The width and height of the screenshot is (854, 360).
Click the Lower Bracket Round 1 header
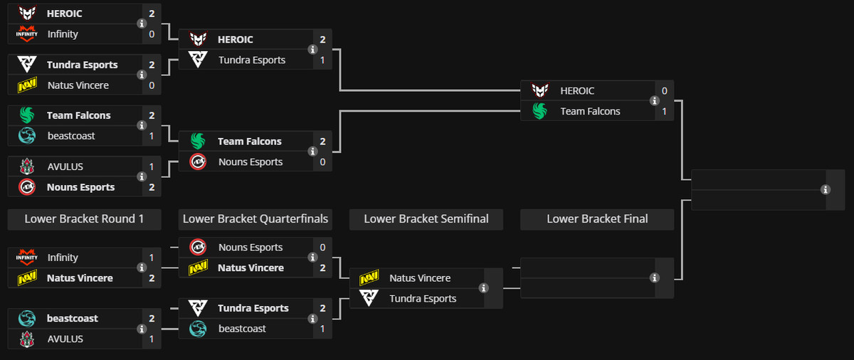pos(84,219)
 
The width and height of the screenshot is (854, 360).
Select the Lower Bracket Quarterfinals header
pos(255,219)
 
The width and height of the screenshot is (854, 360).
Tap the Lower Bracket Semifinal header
pos(426,219)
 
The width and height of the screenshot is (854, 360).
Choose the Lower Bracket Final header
pos(597,219)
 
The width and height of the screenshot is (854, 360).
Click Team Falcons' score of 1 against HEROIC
pos(664,111)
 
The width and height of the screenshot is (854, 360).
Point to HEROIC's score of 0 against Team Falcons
pos(664,91)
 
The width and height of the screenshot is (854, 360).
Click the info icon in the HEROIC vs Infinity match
pos(141,23)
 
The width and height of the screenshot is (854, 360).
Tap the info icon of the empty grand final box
pos(826,190)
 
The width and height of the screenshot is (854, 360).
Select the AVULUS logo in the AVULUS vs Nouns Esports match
pos(27,166)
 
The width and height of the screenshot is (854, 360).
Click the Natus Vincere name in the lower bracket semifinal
pos(420,278)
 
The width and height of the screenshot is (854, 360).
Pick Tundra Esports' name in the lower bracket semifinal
pos(423,299)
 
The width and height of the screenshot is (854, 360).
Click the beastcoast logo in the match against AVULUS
pos(27,319)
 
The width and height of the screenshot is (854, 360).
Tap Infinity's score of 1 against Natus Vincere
pos(152,258)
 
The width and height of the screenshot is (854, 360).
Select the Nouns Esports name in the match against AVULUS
pos(80,187)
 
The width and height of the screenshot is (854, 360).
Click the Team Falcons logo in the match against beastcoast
pos(27,115)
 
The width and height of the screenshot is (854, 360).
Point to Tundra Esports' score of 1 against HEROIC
pos(322,60)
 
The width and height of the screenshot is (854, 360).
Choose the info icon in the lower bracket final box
pos(655,277)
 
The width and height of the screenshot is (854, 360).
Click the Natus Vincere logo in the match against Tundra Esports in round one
pos(27,85)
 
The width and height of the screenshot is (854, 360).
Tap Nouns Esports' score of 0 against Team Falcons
pos(322,162)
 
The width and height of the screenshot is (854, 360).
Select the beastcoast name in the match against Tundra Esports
pos(242,329)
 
